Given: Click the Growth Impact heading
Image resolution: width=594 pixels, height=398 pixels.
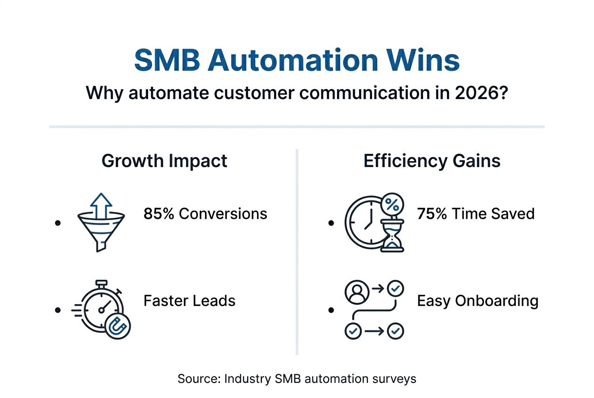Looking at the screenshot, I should [164, 161].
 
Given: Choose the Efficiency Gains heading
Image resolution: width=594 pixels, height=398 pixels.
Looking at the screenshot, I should [432, 161].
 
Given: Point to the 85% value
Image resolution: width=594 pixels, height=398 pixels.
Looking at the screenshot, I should [159, 214].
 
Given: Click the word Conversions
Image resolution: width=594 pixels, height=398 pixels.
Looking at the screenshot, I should [223, 214].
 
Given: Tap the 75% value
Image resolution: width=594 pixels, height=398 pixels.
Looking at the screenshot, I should [432, 214].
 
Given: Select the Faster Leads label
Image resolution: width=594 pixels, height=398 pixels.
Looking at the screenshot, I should [189, 300].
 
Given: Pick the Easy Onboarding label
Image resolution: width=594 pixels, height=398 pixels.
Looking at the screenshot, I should [477, 300].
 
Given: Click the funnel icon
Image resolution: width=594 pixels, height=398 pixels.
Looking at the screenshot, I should [101, 230].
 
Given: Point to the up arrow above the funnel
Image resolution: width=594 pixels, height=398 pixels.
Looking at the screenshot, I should [101, 204].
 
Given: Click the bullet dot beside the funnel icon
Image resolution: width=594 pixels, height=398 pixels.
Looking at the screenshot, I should [58, 223].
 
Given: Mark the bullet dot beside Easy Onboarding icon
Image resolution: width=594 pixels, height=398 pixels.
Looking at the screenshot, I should [331, 310].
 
